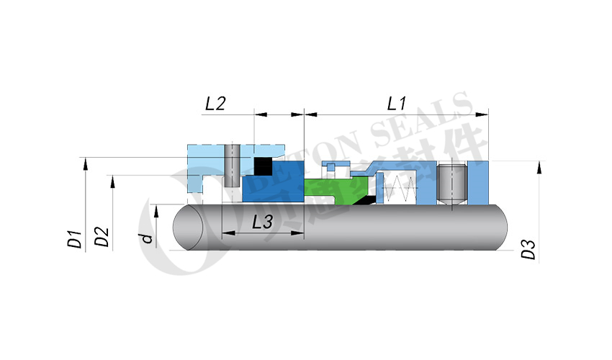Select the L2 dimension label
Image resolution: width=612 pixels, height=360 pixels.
click(215, 104)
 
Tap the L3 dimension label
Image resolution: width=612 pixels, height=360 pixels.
click(262, 223)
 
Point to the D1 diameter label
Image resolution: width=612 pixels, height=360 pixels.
click(74, 239)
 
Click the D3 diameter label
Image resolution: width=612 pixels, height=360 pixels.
click(528, 249)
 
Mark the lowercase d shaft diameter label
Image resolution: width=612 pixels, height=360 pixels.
click(147, 238)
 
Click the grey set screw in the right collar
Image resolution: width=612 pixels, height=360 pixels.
click(455, 184)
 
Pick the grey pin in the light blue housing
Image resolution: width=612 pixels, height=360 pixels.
click(231, 166)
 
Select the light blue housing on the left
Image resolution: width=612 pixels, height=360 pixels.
click(205, 161)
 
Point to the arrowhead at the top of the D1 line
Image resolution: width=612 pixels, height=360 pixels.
click(85, 165)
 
